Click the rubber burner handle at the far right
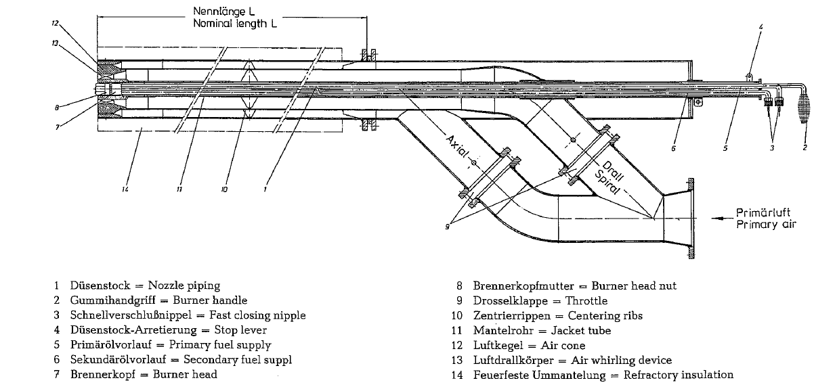point(805,108)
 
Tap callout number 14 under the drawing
point(125,191)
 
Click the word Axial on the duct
point(458,148)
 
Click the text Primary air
point(766,225)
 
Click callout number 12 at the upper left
point(56,22)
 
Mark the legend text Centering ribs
point(604,316)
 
